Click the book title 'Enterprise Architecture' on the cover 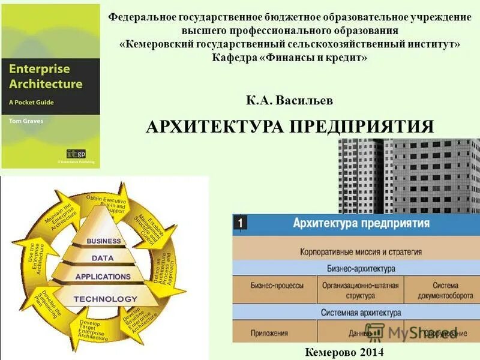pyautogui.click(x=45, y=76)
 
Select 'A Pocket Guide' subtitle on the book pyautogui.click(x=31, y=103)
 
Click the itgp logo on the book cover pyautogui.click(x=76, y=153)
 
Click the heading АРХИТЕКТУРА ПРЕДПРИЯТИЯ pyautogui.click(x=290, y=127)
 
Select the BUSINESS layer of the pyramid pyautogui.click(x=104, y=241)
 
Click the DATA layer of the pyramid pyautogui.click(x=103, y=258)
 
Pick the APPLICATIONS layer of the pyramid pyautogui.click(x=103, y=277)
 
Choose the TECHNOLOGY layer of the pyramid pyautogui.click(x=105, y=299)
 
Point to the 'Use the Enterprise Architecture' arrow pyautogui.click(x=34, y=258)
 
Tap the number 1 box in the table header pyautogui.click(x=239, y=224)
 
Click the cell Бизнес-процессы pyautogui.click(x=277, y=286)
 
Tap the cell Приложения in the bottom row pyautogui.click(x=276, y=332)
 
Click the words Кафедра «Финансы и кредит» pyautogui.click(x=289, y=58)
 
